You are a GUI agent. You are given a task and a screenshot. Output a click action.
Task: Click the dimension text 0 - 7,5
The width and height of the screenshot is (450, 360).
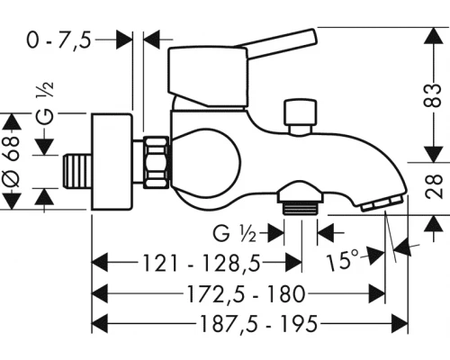58,40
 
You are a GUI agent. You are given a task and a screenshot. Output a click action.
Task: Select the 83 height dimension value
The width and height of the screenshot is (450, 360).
433,95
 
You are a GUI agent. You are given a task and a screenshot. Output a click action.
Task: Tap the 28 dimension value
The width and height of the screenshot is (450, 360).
434,186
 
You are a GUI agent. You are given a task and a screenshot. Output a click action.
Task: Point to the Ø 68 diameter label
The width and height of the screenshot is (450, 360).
12,161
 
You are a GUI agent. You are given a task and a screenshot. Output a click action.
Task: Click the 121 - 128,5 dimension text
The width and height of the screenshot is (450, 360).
202,263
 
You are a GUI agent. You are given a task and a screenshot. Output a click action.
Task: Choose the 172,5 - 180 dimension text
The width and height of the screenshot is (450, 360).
247,294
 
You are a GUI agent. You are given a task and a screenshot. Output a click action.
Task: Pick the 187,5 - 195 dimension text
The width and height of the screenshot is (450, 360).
258,324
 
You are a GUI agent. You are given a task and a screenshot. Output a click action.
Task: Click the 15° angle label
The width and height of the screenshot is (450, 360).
342,260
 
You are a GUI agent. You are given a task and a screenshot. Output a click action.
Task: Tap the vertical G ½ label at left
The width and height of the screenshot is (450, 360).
45,103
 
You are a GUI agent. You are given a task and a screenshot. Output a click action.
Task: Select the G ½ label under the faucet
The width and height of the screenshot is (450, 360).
235,233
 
